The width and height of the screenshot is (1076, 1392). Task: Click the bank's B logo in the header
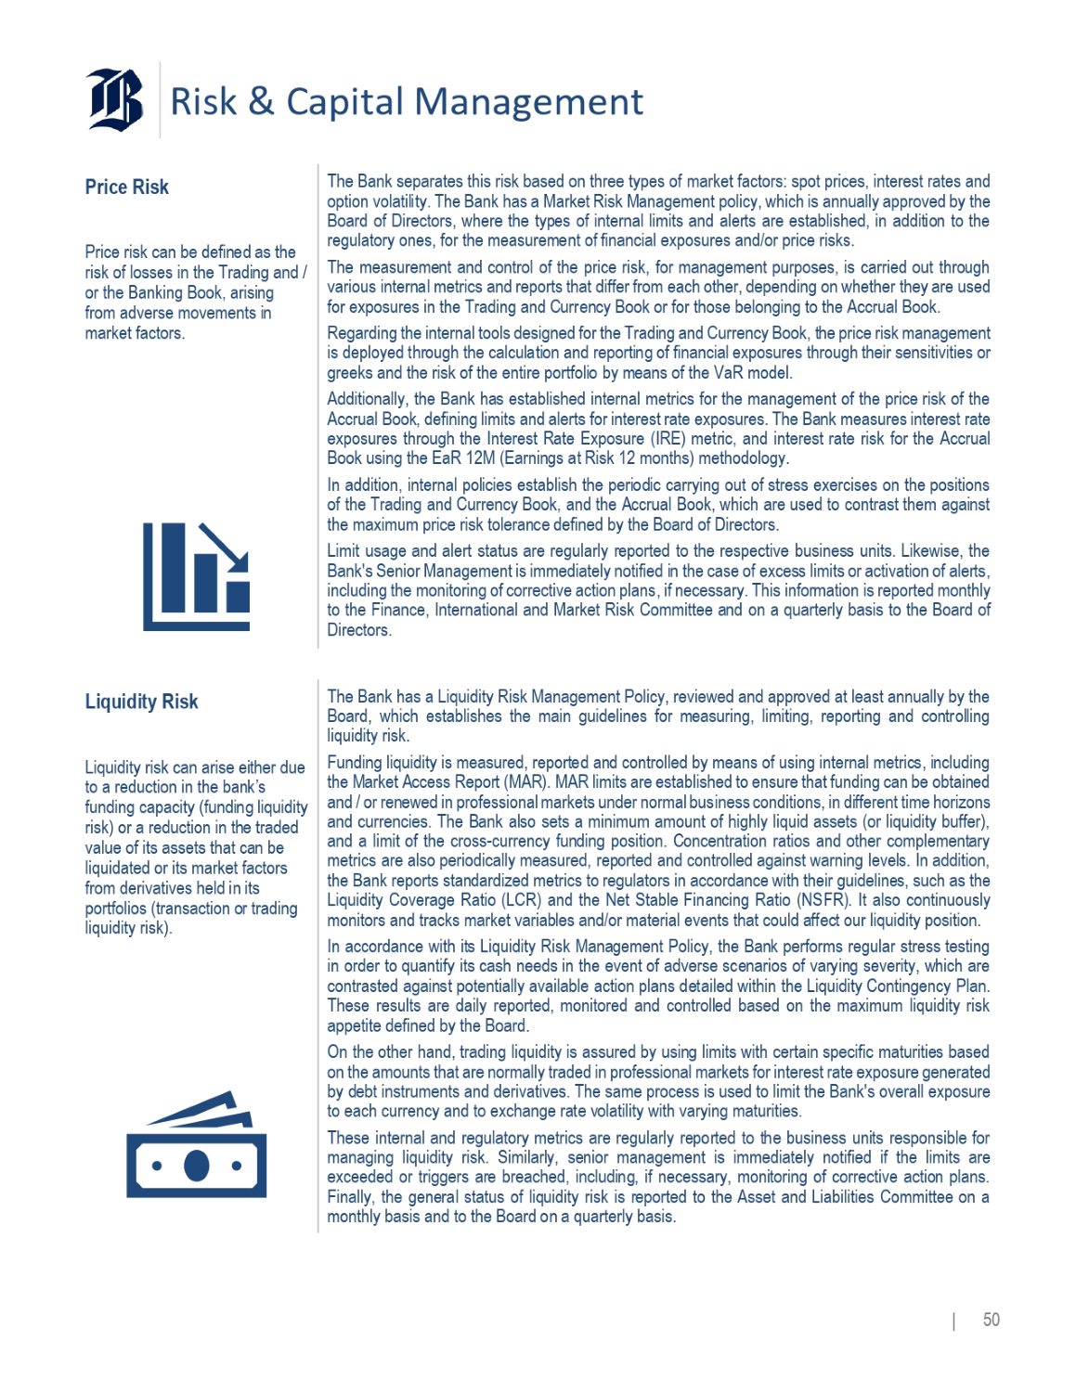click(x=116, y=99)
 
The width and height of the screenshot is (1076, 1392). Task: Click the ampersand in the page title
click(x=261, y=101)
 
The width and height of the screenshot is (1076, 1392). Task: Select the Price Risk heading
click(x=126, y=187)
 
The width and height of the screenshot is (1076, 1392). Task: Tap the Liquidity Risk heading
click(x=141, y=702)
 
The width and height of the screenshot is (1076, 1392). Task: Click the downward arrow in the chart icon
click(x=224, y=547)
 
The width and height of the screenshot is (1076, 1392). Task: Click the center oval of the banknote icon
click(x=196, y=1166)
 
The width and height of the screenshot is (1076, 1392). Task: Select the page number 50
click(x=991, y=1320)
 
